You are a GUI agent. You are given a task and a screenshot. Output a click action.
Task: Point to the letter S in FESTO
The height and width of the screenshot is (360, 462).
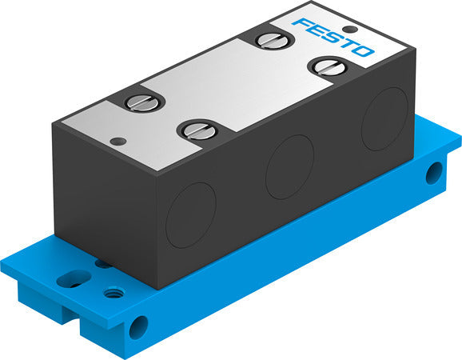333,36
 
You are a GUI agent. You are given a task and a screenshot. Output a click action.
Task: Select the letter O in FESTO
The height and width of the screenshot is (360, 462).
362,52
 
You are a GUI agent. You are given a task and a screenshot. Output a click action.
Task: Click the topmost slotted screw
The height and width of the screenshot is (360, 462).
265,39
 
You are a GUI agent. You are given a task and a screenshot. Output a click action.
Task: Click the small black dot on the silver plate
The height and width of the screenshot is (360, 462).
118,142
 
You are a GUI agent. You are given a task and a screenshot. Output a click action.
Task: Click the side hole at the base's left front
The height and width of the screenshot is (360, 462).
141,325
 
